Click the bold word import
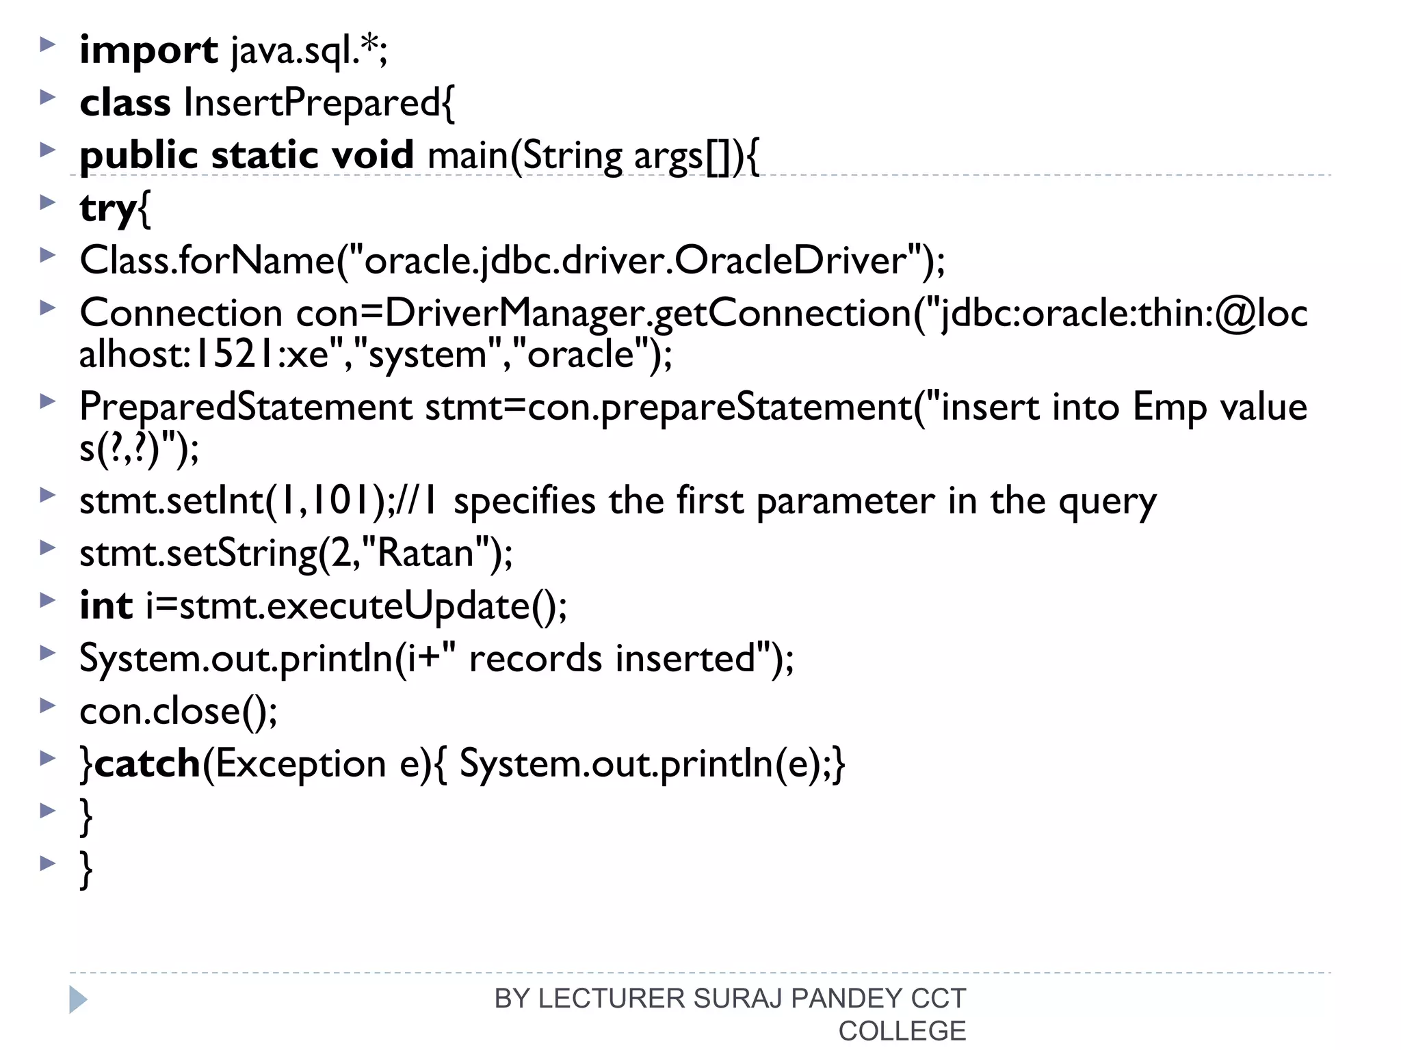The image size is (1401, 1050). (x=148, y=51)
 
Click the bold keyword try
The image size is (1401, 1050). (x=108, y=208)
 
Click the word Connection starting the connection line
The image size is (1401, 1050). (x=181, y=313)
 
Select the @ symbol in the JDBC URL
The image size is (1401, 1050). (x=1236, y=313)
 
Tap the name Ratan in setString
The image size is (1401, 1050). (x=425, y=553)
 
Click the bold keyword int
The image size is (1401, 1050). (x=106, y=606)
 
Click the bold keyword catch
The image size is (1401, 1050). (x=147, y=764)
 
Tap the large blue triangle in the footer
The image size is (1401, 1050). (x=78, y=999)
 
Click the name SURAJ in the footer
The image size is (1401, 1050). (x=737, y=999)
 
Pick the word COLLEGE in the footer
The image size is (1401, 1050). (x=902, y=1031)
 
